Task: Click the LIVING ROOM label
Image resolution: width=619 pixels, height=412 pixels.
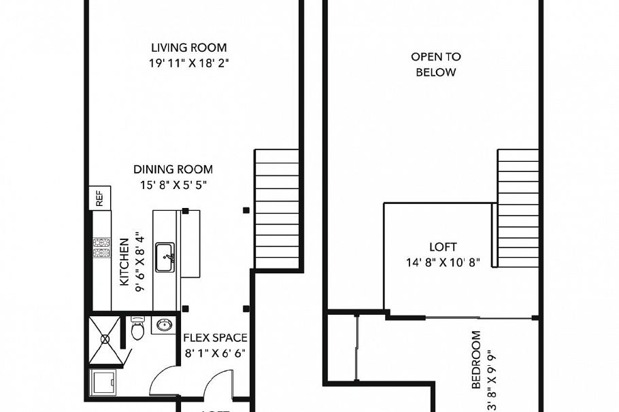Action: click(x=188, y=48)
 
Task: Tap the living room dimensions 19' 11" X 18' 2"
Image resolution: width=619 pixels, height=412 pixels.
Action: click(x=188, y=64)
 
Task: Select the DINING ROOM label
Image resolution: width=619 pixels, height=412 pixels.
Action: click(x=173, y=169)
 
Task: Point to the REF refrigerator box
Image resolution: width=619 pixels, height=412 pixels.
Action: click(x=99, y=199)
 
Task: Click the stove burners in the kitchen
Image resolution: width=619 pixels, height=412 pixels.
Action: click(x=102, y=248)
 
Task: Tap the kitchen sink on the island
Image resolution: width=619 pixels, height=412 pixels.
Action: click(x=165, y=256)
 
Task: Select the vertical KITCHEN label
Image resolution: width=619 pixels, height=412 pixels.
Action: click(x=124, y=262)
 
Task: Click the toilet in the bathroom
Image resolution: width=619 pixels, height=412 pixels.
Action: click(x=137, y=330)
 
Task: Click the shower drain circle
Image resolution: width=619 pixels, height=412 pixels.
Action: click(x=105, y=338)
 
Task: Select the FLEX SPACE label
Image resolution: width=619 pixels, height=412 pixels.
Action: click(x=216, y=338)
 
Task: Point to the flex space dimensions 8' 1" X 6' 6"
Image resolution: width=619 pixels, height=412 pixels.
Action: click(x=216, y=353)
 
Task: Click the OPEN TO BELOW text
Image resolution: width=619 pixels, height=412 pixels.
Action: click(x=436, y=65)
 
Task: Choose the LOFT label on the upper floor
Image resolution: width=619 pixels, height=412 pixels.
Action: click(x=443, y=247)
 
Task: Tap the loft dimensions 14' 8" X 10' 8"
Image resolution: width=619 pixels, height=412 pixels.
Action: click(x=443, y=262)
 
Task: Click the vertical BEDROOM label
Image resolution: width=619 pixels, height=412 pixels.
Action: click(x=475, y=360)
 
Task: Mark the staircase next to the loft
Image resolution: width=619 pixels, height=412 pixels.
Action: click(x=518, y=208)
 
